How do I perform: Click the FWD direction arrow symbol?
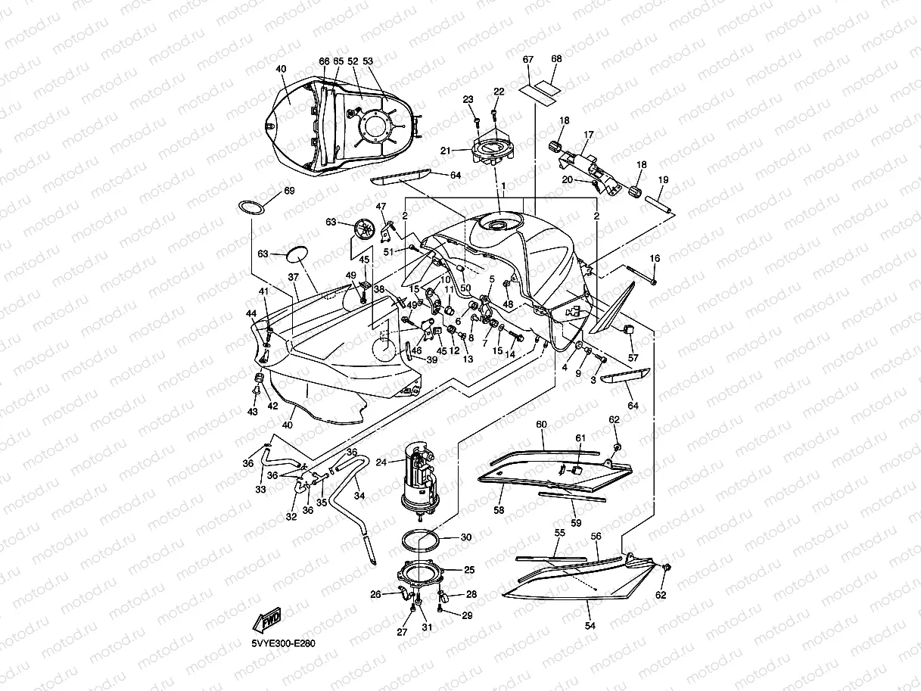pos(269,621)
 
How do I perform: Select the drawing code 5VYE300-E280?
pos(284,644)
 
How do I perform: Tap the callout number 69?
pos(289,191)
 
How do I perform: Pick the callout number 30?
pos(466,537)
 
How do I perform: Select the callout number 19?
pos(663,180)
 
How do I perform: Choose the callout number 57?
pos(633,357)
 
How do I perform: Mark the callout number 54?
pos(590,626)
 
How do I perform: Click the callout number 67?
pos(528,60)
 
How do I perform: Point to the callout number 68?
pos(556,60)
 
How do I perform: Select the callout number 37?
pos(292,277)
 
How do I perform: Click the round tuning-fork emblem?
pos(366,229)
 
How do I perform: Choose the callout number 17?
pos(588,135)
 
